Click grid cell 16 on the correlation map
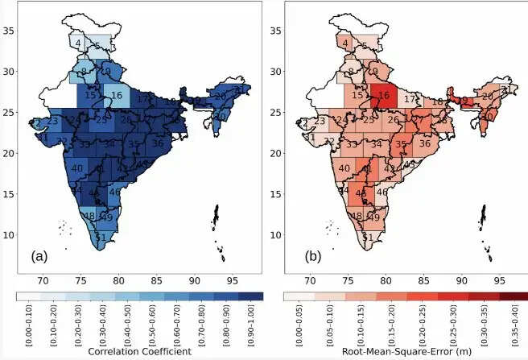(x=117, y=96)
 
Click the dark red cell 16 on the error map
(x=383, y=96)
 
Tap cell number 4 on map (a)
(x=78, y=43)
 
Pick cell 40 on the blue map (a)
(x=77, y=168)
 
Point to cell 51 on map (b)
(x=367, y=238)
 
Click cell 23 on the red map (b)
(x=319, y=122)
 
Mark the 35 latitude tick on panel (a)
(x=8, y=31)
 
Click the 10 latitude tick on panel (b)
(x=274, y=235)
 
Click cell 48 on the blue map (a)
(x=89, y=216)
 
